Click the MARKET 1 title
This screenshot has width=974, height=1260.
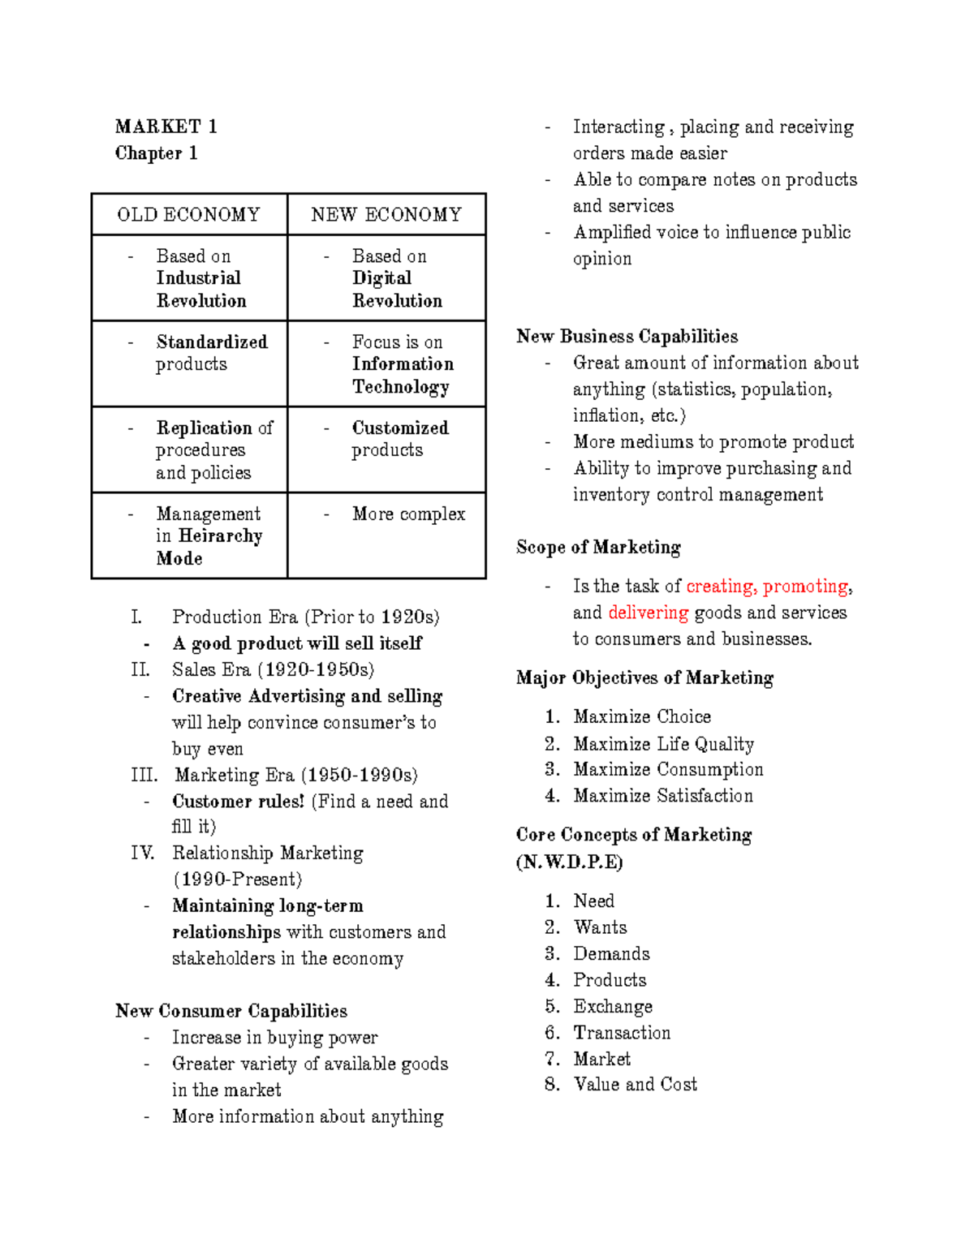point(166,127)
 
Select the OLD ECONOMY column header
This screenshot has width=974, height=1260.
point(188,215)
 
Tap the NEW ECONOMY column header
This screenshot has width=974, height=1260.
point(386,215)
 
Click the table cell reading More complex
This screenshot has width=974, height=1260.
point(408,514)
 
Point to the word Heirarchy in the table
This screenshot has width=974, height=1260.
point(221,536)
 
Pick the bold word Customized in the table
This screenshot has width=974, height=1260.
point(400,428)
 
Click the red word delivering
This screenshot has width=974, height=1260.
point(648,613)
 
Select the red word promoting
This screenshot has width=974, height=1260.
point(806,587)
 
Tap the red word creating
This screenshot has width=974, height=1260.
point(721,587)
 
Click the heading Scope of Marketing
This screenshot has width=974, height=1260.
point(598,548)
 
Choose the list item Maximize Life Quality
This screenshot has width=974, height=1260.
point(663,744)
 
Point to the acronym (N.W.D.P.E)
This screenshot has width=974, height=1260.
point(569,862)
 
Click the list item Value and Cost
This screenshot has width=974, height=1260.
point(635,1085)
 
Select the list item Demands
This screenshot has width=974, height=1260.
point(611,954)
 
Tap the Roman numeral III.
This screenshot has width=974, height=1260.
point(144,776)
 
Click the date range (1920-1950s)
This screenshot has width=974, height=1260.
point(316,670)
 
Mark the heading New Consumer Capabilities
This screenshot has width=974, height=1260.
point(231,1011)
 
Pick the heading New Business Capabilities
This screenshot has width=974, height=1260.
point(627,337)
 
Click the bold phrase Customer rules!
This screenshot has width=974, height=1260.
point(238,802)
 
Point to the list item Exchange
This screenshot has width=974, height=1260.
point(613,1007)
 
